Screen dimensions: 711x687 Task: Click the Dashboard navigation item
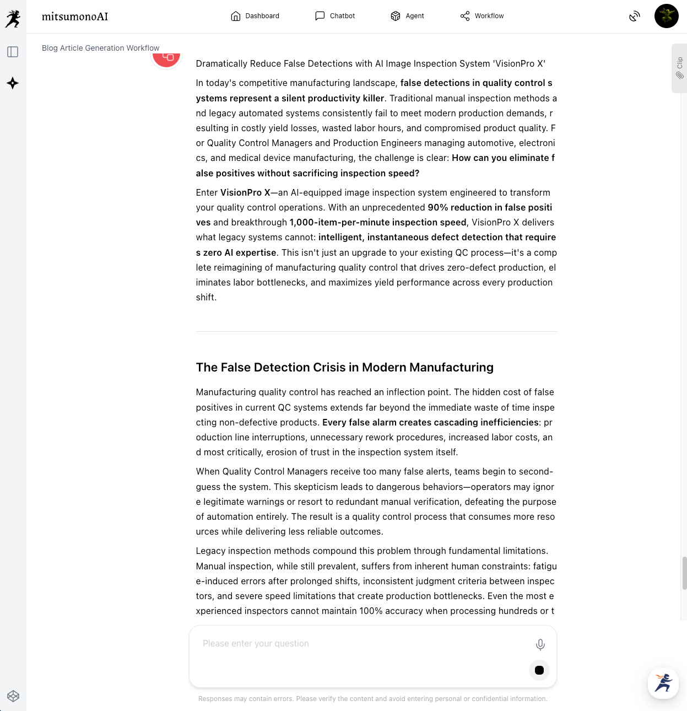(x=255, y=16)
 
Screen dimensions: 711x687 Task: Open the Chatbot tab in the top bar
(x=335, y=16)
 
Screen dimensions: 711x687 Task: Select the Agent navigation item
(x=407, y=16)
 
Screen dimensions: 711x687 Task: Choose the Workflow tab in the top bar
(x=482, y=16)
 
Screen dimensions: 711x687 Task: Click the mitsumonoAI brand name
(x=75, y=17)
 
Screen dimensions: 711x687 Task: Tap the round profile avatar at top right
(x=666, y=16)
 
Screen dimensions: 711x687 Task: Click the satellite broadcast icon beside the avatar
(x=635, y=17)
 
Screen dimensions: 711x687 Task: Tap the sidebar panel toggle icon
(x=13, y=52)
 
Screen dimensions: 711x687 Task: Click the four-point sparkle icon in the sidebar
(x=13, y=83)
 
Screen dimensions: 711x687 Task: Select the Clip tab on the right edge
(x=679, y=68)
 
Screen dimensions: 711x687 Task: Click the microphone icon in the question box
(x=540, y=644)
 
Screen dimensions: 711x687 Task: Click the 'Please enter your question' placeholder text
(x=256, y=644)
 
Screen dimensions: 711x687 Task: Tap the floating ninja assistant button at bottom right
(x=663, y=683)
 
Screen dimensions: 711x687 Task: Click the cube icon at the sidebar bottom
(x=13, y=696)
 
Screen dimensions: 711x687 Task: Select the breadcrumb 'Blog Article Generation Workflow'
(x=100, y=48)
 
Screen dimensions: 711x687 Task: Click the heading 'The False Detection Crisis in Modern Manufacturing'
(x=344, y=368)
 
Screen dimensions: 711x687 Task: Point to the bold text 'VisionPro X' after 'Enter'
(x=245, y=193)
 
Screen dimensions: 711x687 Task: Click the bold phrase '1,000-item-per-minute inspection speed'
(x=378, y=223)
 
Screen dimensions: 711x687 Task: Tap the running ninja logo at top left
(x=13, y=19)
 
